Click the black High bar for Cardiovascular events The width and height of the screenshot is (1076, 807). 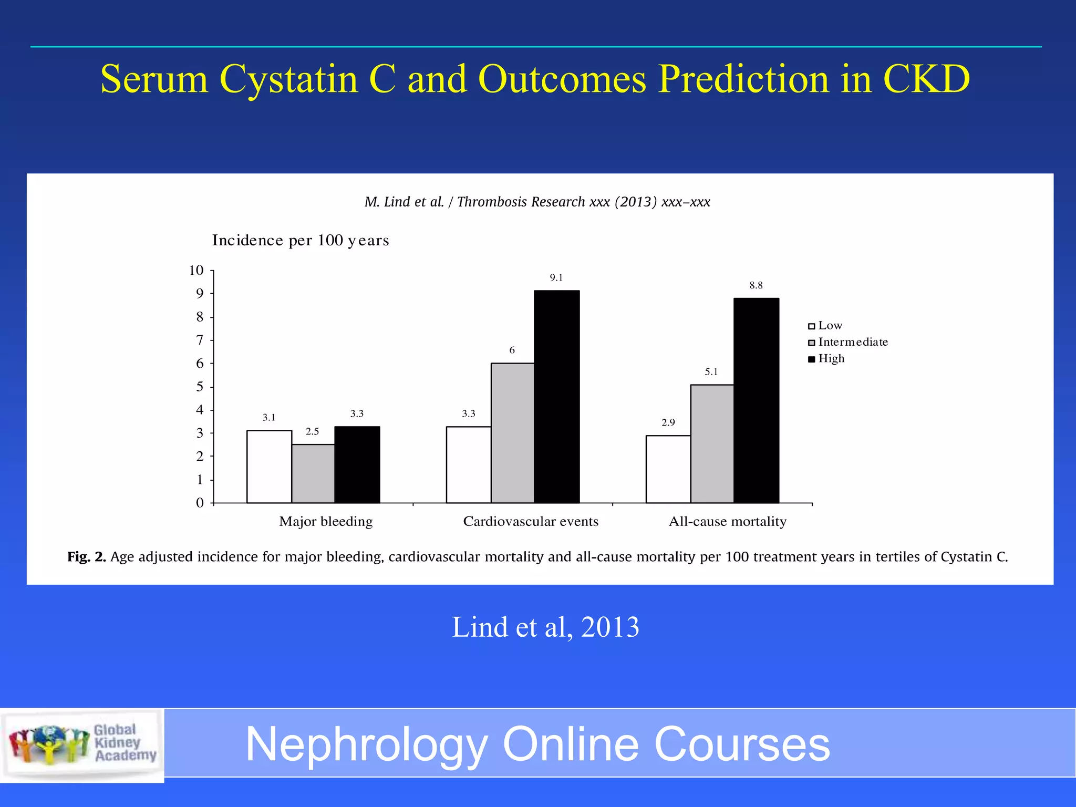(x=556, y=397)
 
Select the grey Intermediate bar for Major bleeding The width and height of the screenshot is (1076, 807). (x=313, y=473)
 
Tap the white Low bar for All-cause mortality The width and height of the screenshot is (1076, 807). (x=668, y=469)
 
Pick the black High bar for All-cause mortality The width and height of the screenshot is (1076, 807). (x=756, y=400)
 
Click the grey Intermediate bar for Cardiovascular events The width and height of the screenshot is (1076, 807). (x=512, y=433)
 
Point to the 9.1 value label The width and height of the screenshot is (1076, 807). (x=556, y=278)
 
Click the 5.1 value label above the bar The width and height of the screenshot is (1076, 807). (x=711, y=372)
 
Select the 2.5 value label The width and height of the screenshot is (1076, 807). (x=312, y=431)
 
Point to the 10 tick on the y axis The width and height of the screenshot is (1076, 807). (x=196, y=270)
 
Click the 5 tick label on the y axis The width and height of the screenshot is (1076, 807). (x=200, y=387)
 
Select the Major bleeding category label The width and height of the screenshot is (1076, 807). (x=326, y=521)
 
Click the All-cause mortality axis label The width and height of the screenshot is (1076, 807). (x=727, y=521)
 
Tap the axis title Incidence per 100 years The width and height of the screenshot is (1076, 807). (x=300, y=240)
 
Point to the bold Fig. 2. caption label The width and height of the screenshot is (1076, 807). (x=87, y=557)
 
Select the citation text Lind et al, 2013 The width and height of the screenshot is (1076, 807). (x=545, y=627)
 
